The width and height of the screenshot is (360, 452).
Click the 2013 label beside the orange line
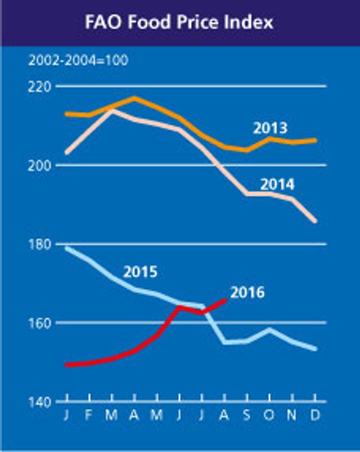(x=269, y=128)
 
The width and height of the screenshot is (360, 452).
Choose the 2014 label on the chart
(x=277, y=184)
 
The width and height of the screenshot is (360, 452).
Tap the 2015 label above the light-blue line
(x=140, y=272)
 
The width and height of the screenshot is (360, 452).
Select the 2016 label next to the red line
(x=247, y=293)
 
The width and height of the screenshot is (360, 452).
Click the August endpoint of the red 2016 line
(x=226, y=300)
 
